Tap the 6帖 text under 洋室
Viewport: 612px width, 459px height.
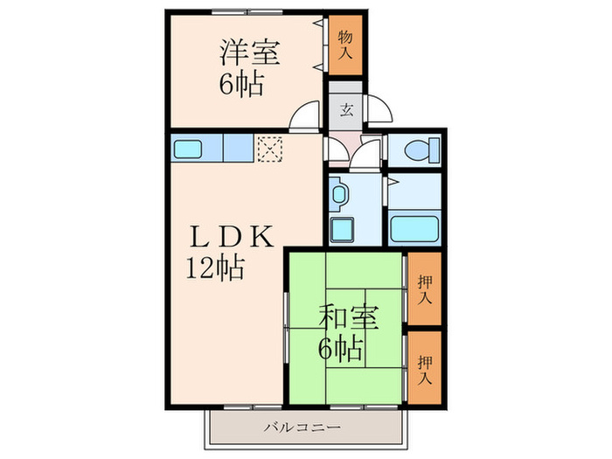coord(240,86)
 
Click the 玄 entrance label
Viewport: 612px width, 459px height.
coord(346,110)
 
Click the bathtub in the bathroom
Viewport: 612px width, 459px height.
coord(412,230)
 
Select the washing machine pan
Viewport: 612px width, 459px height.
coord(344,230)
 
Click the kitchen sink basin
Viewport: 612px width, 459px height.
coord(190,149)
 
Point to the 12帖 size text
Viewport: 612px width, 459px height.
coord(214,268)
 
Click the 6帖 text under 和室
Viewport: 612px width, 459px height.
coord(341,351)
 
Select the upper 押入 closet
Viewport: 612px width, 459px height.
coord(424,289)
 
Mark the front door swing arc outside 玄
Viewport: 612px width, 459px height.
coord(380,108)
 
